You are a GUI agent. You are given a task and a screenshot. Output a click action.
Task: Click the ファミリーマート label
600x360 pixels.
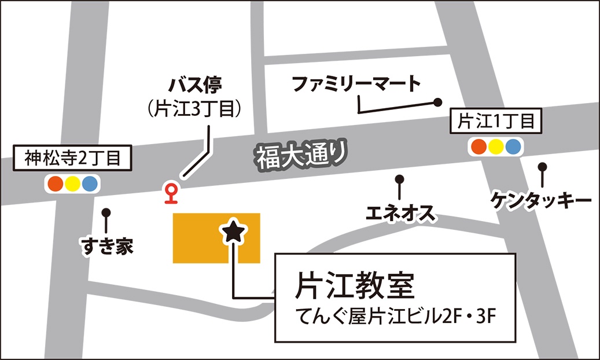tap(356, 85)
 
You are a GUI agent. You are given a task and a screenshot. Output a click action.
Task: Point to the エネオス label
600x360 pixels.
tap(400, 214)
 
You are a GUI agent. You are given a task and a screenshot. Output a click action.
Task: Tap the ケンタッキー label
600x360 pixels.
tap(542, 200)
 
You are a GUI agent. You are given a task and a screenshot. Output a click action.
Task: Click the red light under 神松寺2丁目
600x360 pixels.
tap(56, 184)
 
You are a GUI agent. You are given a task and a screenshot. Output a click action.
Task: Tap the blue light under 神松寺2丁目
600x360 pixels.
tap(90, 184)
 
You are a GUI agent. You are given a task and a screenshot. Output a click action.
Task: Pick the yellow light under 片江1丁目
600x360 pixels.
tap(496, 146)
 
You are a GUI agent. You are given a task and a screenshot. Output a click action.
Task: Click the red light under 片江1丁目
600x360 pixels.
tap(479, 146)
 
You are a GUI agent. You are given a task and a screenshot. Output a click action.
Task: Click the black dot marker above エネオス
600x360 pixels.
tap(399, 178)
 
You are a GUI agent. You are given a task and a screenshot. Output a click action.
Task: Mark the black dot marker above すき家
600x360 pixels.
tap(106, 212)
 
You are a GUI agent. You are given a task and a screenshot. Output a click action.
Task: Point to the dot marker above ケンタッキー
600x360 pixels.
tap(542, 167)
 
